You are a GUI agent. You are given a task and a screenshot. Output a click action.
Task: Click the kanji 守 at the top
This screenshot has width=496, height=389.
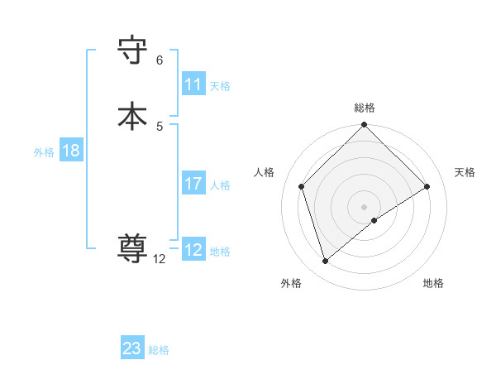pyautogui.click(x=133, y=50)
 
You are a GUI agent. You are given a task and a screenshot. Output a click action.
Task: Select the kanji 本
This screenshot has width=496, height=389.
pyautogui.click(x=133, y=116)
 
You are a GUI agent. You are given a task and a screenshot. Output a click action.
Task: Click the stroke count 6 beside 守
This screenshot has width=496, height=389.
pyautogui.click(x=160, y=60)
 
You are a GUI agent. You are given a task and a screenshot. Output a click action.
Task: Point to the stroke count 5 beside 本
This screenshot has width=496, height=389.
pyautogui.click(x=160, y=126)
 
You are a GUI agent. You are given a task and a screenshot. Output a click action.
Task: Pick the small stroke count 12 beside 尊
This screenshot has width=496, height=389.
pyautogui.click(x=160, y=259)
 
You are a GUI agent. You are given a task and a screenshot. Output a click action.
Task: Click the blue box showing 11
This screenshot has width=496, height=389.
pyautogui.click(x=193, y=84)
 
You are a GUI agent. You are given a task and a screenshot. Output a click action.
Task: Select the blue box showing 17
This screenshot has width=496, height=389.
pyautogui.click(x=193, y=184)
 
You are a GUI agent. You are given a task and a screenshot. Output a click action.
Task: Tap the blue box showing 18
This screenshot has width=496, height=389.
pyautogui.click(x=71, y=151)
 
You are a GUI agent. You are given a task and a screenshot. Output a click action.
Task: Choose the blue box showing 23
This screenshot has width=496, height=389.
pyautogui.click(x=132, y=348)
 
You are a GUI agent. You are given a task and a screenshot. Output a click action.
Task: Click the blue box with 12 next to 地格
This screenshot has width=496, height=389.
pyautogui.click(x=193, y=250)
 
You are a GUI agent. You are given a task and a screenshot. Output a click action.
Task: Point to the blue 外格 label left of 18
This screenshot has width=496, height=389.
pyautogui.click(x=44, y=152)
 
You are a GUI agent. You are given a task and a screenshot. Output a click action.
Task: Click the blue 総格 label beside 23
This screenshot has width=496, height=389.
pyautogui.click(x=160, y=350)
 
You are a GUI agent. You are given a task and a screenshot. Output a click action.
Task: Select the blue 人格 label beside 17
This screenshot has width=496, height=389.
pyautogui.click(x=221, y=185)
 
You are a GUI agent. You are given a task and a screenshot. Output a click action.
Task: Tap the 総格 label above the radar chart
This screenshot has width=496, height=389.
pyautogui.click(x=365, y=108)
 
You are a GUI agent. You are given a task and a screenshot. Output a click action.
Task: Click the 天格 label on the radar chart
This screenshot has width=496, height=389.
pyautogui.click(x=465, y=172)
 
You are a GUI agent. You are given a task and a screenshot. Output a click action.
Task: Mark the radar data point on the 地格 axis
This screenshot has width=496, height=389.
pyautogui.click(x=374, y=220)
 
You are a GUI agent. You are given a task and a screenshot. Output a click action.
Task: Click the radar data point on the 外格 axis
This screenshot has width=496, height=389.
pyautogui.click(x=325, y=262)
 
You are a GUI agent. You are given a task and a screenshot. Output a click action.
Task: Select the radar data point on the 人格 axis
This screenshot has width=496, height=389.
pyautogui.click(x=302, y=186)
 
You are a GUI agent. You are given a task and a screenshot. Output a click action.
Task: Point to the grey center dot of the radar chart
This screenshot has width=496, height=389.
pyautogui.click(x=365, y=206)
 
